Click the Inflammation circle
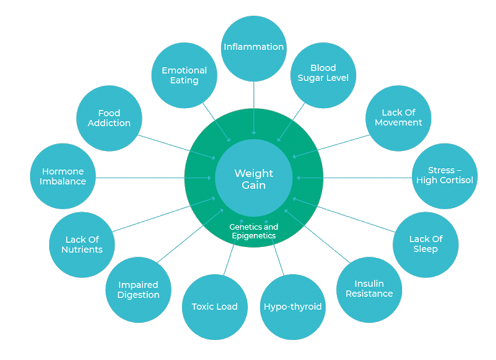click(x=254, y=47)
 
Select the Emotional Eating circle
click(x=184, y=76)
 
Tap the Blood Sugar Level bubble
click(x=322, y=73)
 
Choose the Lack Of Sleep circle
click(x=426, y=244)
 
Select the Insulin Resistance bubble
click(x=369, y=289)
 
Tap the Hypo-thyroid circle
click(x=293, y=306)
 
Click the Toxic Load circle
click(x=214, y=306)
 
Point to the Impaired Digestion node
click(x=138, y=289)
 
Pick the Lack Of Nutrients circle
click(x=82, y=244)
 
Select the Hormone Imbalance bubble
click(x=63, y=177)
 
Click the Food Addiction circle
click(x=109, y=118)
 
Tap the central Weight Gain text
click(x=254, y=180)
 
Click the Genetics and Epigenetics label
click(x=254, y=231)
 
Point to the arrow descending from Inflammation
click(x=254, y=105)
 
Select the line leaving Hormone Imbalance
click(x=143, y=178)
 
